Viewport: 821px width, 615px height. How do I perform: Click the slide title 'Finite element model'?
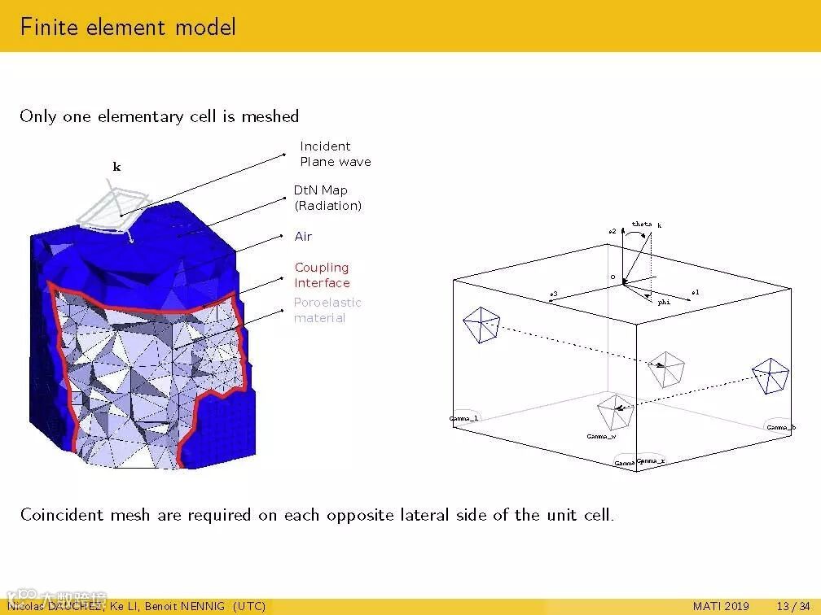tap(128, 27)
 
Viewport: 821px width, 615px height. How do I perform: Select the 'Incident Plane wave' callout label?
tap(335, 154)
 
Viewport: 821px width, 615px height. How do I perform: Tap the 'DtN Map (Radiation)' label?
tap(327, 198)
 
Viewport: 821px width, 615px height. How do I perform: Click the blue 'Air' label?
tap(303, 237)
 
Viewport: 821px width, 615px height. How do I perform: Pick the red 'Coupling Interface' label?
tap(322, 275)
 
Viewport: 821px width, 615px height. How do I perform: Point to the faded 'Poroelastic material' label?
tap(327, 310)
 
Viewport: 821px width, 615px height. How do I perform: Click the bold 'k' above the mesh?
tap(116, 167)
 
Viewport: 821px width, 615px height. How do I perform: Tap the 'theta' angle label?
tap(642, 224)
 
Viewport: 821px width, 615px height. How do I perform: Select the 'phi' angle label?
tap(664, 302)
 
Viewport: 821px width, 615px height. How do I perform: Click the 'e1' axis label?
tap(695, 292)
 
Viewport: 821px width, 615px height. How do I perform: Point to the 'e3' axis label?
tap(554, 294)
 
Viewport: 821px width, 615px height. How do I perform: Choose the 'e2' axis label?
tap(612, 231)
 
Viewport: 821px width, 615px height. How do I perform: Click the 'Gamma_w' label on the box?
tap(601, 437)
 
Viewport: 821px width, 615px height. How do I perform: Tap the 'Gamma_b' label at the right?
tap(781, 427)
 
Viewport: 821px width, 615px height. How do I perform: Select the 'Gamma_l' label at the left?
tap(464, 418)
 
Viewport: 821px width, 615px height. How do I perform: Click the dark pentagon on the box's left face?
tap(481, 325)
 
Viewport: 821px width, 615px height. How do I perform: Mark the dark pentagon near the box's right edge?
tap(771, 375)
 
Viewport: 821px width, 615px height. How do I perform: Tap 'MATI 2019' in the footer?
tap(721, 606)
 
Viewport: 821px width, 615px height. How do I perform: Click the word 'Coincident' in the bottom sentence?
tap(63, 515)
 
